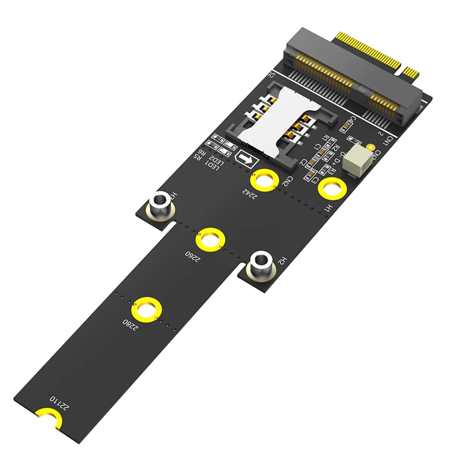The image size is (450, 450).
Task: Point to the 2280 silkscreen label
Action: (x=130, y=324)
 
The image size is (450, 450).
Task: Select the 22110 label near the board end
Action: (x=60, y=401)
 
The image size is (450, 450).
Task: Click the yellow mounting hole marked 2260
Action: (x=210, y=240)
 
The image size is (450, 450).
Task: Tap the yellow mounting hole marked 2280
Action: (x=147, y=310)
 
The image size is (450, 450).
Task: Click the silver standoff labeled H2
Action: (x=260, y=265)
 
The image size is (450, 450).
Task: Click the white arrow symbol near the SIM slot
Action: (x=246, y=159)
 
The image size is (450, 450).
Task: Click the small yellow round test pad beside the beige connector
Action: (x=371, y=147)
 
